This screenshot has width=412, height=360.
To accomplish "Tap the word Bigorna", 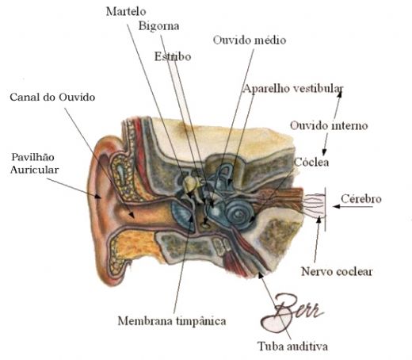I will pos(159,25).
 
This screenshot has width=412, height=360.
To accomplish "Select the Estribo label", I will pos(174,57).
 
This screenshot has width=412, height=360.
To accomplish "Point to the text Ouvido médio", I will pos(249,40).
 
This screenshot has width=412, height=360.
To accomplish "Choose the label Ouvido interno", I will pos(328,125).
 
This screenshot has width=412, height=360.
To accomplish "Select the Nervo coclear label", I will pos(337,272).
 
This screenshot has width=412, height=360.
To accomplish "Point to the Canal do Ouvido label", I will pos(52,98).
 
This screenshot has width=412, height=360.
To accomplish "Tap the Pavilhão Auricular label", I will pos(35,163).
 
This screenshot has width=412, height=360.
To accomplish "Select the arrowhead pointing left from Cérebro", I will pos(334,198).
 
